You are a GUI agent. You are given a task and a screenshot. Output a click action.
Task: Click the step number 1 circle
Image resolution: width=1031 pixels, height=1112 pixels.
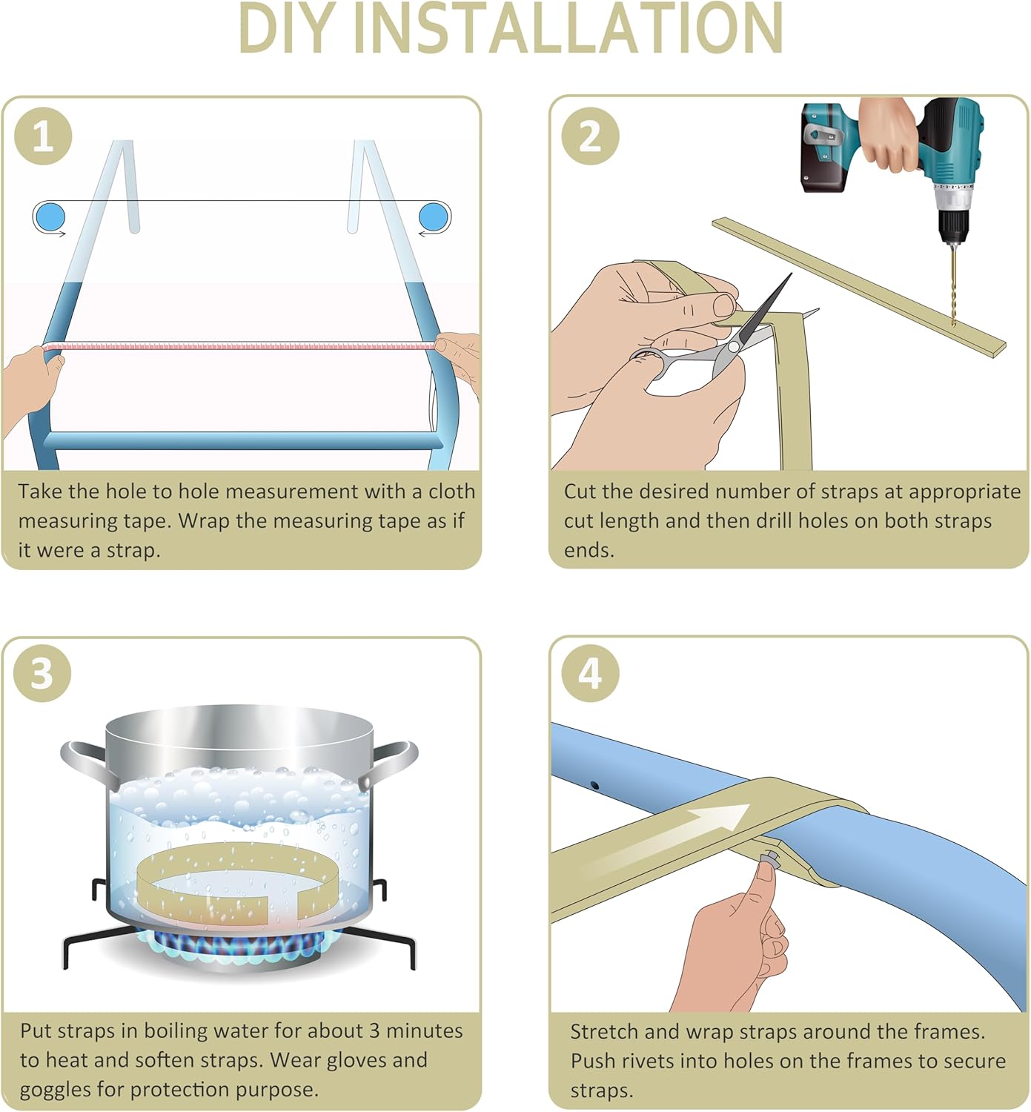tap(43, 136)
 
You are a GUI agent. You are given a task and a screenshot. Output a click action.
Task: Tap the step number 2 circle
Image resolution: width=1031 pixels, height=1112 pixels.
tap(590, 136)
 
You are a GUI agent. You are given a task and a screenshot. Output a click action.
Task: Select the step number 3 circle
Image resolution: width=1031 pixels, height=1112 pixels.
tap(42, 674)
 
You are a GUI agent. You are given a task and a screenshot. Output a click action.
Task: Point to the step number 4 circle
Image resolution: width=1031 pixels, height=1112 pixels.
tap(590, 674)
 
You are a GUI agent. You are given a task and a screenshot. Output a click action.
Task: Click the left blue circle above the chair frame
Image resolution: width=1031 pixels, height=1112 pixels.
tap(50, 216)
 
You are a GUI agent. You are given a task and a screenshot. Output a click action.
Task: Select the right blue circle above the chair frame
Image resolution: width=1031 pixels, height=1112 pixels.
tap(434, 216)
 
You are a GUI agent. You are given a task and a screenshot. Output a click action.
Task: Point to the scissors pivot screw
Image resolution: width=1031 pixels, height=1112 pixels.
tap(734, 348)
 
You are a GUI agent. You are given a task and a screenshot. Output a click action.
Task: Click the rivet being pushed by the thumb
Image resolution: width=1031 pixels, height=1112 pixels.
tap(771, 857)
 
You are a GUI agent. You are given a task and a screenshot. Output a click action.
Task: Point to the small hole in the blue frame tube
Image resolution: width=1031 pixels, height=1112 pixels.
tap(594, 786)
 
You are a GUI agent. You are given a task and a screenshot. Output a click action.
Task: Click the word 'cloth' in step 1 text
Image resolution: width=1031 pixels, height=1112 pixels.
tap(452, 491)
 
